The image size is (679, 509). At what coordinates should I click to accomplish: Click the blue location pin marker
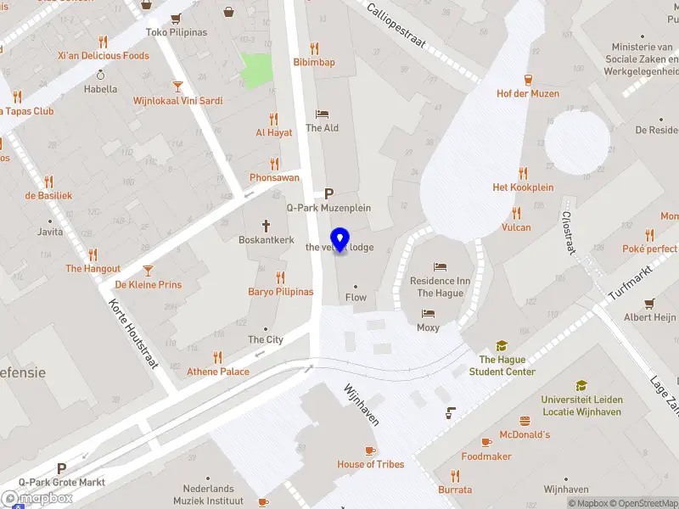(339, 240)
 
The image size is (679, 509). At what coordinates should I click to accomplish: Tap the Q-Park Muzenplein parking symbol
(329, 193)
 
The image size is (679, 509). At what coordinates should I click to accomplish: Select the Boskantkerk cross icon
(266, 227)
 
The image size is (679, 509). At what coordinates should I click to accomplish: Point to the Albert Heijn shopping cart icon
(649, 304)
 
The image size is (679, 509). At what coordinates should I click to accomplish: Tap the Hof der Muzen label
(527, 93)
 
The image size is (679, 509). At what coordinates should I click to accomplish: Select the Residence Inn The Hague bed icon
(439, 267)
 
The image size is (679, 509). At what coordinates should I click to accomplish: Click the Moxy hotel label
(429, 327)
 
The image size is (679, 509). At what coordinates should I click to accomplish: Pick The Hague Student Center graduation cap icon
(502, 346)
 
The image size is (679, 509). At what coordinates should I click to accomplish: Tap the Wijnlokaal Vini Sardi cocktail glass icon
(177, 87)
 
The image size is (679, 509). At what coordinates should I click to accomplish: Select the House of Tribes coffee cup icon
(370, 450)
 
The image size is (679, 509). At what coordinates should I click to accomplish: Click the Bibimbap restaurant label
(314, 62)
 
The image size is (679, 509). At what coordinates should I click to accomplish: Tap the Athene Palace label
(218, 372)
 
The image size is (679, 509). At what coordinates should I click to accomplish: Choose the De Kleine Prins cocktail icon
(149, 271)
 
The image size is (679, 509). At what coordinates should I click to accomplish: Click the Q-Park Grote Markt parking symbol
(61, 468)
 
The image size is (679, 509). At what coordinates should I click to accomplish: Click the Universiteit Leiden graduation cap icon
(581, 386)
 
